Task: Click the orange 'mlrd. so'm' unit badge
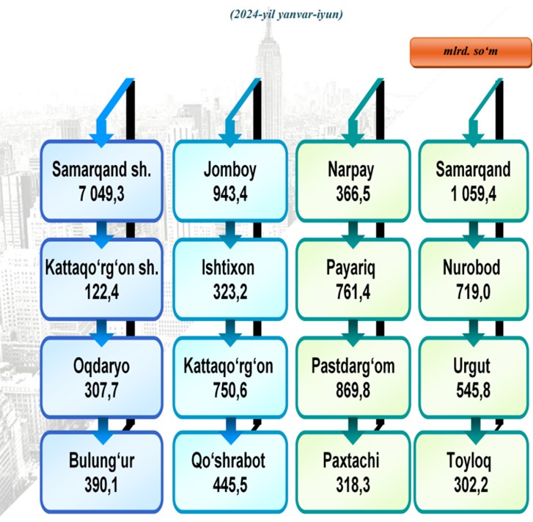click(x=471, y=52)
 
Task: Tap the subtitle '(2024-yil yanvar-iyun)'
click(x=286, y=15)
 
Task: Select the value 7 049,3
click(x=101, y=194)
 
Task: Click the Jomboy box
click(x=230, y=181)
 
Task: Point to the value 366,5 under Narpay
click(x=353, y=194)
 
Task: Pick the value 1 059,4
click(x=473, y=194)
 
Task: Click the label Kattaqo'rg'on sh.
click(x=102, y=268)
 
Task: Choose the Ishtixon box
click(x=230, y=279)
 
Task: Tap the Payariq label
click(x=350, y=268)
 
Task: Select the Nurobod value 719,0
click(x=473, y=292)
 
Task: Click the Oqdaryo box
click(x=102, y=378)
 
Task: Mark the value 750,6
click(x=230, y=390)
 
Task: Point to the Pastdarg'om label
click(x=353, y=367)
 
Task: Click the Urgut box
click(x=473, y=378)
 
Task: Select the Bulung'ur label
click(x=102, y=461)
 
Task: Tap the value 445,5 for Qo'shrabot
click(x=230, y=485)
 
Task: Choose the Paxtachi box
click(x=353, y=471)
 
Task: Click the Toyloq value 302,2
click(x=471, y=485)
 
